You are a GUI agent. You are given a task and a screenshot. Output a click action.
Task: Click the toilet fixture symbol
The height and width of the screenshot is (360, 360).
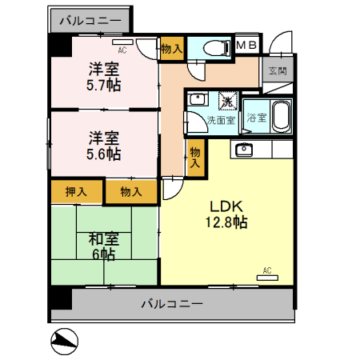coord(217,48)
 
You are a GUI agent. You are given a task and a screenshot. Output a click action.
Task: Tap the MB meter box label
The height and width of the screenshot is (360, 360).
coord(246,45)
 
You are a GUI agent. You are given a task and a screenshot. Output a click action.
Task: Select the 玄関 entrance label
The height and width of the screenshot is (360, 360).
coord(278,71)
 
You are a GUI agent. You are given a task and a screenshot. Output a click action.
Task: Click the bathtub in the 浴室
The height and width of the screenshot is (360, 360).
coord(282,117)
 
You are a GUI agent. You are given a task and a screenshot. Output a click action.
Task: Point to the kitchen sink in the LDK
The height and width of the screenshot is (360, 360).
coord(244,150)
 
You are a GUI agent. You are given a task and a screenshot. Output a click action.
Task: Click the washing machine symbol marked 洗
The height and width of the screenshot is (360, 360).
coord(228,101)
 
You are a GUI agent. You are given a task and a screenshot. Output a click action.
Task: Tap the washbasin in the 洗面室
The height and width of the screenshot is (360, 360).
coord(198,99)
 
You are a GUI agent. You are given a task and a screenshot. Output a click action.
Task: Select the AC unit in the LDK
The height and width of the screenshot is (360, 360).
coord(267,278)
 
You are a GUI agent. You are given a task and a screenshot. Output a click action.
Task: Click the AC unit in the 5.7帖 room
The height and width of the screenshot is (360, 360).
coord(122,42)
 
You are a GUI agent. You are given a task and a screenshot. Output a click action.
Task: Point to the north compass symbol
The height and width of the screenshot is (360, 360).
coord(65,342)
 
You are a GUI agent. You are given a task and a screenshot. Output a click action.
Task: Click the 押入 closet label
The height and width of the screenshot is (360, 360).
coord(76,192)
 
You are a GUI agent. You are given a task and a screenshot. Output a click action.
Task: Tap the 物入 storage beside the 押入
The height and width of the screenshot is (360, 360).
coord(131,192)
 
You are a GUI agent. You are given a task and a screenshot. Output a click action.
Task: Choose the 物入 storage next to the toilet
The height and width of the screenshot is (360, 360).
coord(172,49)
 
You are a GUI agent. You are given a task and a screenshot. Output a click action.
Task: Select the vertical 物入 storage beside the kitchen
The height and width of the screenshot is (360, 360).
coord(195,158)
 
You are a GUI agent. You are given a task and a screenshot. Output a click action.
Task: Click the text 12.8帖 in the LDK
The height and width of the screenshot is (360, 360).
coord(226,222)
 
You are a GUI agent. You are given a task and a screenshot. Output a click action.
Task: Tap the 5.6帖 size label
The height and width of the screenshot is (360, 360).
coord(103,154)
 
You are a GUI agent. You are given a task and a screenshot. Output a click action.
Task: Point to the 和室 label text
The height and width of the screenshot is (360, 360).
coord(104,239)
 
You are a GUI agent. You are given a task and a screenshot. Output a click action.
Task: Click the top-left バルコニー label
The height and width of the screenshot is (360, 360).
coord(90,21)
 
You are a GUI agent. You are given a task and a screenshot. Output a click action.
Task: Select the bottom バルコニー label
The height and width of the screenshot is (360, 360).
coord(172,304)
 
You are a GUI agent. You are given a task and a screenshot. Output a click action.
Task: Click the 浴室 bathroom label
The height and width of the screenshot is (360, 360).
coord(257,118)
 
